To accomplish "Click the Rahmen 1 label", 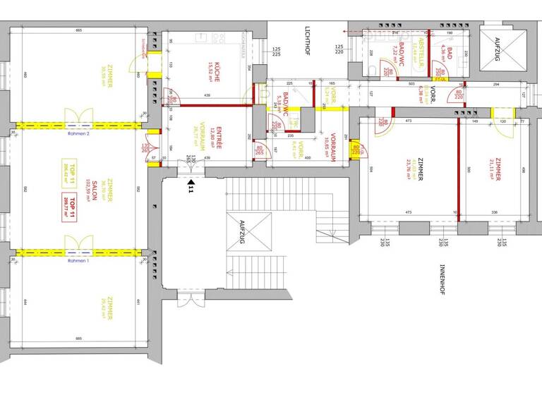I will click(78, 261).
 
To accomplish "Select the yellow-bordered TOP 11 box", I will click(68, 171).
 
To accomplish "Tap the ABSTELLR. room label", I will click(423, 51).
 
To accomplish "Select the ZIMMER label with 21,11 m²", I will click(498, 169).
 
